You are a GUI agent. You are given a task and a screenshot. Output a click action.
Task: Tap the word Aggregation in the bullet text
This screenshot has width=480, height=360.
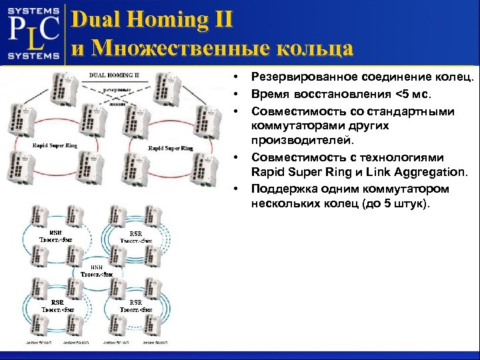click(x=429, y=173)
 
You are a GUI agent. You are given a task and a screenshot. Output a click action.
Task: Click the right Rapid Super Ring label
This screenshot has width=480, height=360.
click(x=170, y=147)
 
